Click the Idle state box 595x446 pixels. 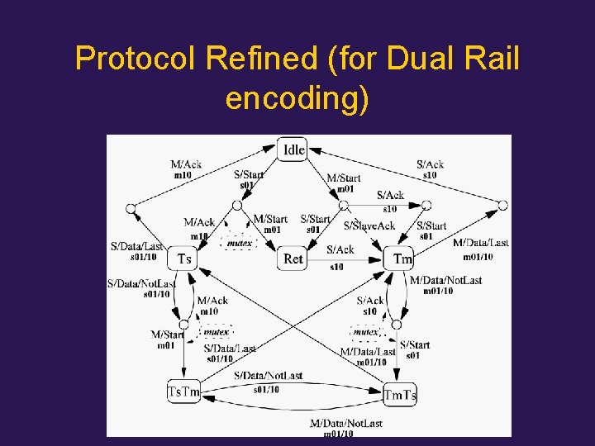pos(293,149)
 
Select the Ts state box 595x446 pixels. pos(184,259)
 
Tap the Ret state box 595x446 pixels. pos(293,259)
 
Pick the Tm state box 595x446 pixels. pos(402,259)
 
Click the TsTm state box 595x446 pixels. pos(183,391)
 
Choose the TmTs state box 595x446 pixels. pos(400,395)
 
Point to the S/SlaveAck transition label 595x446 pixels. pos(369,225)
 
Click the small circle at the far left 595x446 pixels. pos(131,209)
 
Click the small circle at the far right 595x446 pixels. pos(502,206)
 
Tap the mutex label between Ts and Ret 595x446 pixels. pos(240,243)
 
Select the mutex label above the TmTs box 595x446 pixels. pos(365,332)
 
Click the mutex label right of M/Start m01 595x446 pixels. pos(217,332)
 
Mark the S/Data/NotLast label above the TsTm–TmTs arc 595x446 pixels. pos(268,376)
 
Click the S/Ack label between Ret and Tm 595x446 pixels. pos(340,249)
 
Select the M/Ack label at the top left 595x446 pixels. pos(186,164)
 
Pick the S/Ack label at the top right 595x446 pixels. pos(430,164)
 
